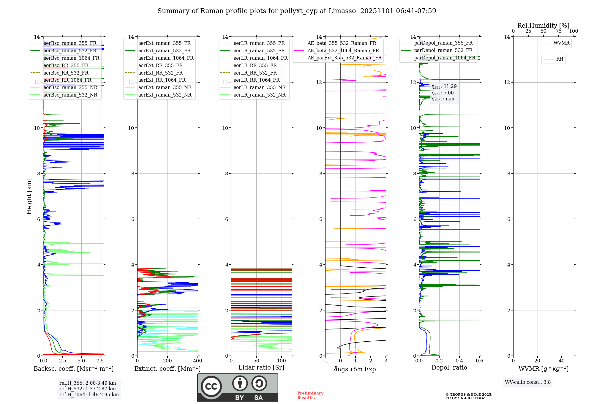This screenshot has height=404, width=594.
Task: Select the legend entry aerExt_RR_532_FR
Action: (160, 73)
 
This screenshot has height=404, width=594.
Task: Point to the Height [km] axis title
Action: (29, 196)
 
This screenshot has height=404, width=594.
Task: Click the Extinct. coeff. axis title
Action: (167, 369)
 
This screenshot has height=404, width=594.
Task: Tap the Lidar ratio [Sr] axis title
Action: (261, 367)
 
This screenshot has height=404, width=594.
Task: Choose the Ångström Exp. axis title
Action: (355, 369)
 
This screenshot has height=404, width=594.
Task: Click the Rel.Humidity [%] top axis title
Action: (543, 26)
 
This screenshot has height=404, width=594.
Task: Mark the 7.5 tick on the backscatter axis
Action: (100, 361)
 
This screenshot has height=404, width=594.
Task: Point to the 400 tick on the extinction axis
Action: (198, 361)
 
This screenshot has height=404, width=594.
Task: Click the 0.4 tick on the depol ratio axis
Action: (459, 361)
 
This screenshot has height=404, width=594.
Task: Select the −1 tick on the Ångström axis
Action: (325, 361)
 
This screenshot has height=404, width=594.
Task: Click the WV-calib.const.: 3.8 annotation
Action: (527, 382)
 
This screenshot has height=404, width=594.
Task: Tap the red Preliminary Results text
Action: (310, 395)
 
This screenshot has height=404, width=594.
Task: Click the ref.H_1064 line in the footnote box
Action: (89, 394)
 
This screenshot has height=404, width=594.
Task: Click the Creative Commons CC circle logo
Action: (211, 386)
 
